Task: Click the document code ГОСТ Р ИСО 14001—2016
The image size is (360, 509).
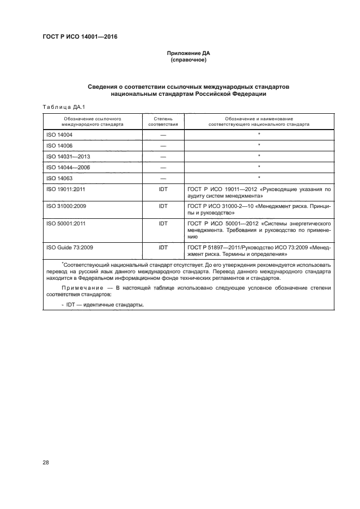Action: click(x=80, y=36)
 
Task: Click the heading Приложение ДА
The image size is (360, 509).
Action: click(x=188, y=54)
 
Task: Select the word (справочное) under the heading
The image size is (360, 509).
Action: click(x=188, y=60)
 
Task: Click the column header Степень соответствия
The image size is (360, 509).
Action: click(x=163, y=121)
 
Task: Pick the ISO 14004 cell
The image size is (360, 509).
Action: click(x=60, y=134)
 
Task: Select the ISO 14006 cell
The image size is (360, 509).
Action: click(x=60, y=145)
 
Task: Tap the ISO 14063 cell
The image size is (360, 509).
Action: click(x=60, y=178)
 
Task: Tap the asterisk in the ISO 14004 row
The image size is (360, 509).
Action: click(x=259, y=133)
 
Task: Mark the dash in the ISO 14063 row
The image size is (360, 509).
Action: click(x=163, y=178)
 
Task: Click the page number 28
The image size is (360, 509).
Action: click(x=46, y=463)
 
